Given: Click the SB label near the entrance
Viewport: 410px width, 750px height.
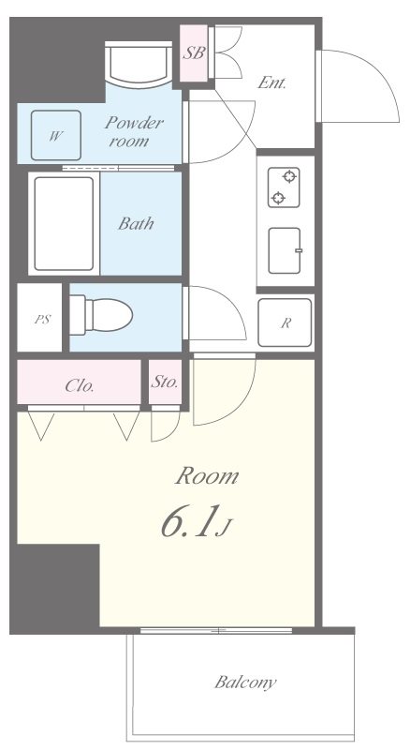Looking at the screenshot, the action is pos(194,52).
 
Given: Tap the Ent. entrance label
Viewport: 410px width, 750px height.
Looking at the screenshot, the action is pos(271,83).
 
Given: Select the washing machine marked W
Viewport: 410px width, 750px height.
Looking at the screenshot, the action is pos(56,135).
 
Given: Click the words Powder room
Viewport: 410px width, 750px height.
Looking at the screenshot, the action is pos(132,131).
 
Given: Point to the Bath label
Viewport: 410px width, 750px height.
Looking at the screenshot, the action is pos(136,223).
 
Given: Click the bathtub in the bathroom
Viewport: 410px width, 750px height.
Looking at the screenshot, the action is pos(64,223).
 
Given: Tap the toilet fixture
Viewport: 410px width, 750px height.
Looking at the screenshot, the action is pos(101,315).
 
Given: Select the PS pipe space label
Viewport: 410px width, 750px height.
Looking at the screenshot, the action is pos(42,320).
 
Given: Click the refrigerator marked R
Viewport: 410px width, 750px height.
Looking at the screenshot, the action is pos(286,322).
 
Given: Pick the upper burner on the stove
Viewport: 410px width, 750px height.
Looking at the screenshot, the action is pos(288,177).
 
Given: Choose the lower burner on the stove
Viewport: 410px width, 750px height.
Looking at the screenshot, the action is pos(278,198).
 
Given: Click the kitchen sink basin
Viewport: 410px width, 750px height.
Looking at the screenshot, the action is pos(285,250).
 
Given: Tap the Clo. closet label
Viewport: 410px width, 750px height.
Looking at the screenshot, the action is pos(80,386).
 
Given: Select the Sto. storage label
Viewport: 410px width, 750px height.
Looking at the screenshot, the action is pos(165,382).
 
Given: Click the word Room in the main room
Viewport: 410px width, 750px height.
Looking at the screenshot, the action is pos(207,476).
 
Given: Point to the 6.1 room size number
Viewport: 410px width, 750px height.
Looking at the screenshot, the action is pos(190,521).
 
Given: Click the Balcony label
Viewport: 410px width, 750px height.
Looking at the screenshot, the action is pos(245,682).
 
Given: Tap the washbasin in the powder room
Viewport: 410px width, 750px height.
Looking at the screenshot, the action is pos(139,65).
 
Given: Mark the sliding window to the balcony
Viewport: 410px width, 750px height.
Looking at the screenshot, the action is pos(216,631).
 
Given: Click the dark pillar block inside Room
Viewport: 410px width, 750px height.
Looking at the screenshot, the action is pos(54,589).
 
